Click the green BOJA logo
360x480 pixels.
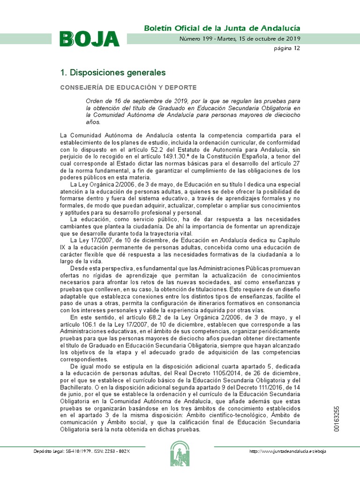pyautogui.click(x=89, y=38)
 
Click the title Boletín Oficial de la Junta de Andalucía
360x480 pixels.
pyautogui.click(x=222, y=28)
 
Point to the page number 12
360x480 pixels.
pyautogui.click(x=297, y=48)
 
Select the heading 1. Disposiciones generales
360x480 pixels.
pyautogui.click(x=113, y=73)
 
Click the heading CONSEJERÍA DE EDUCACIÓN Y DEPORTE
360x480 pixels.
pyautogui.click(x=128, y=88)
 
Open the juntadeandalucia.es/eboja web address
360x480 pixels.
pyautogui.click(x=288, y=451)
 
